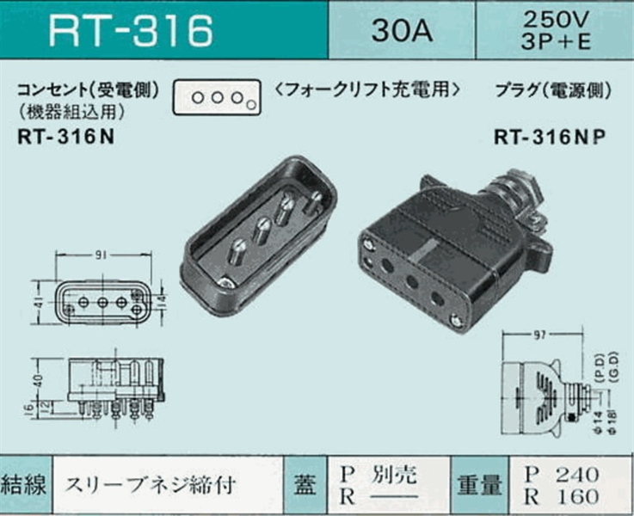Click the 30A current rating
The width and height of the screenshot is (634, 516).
pos(401,32)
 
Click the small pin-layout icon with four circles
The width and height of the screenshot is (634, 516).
pos(216,98)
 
